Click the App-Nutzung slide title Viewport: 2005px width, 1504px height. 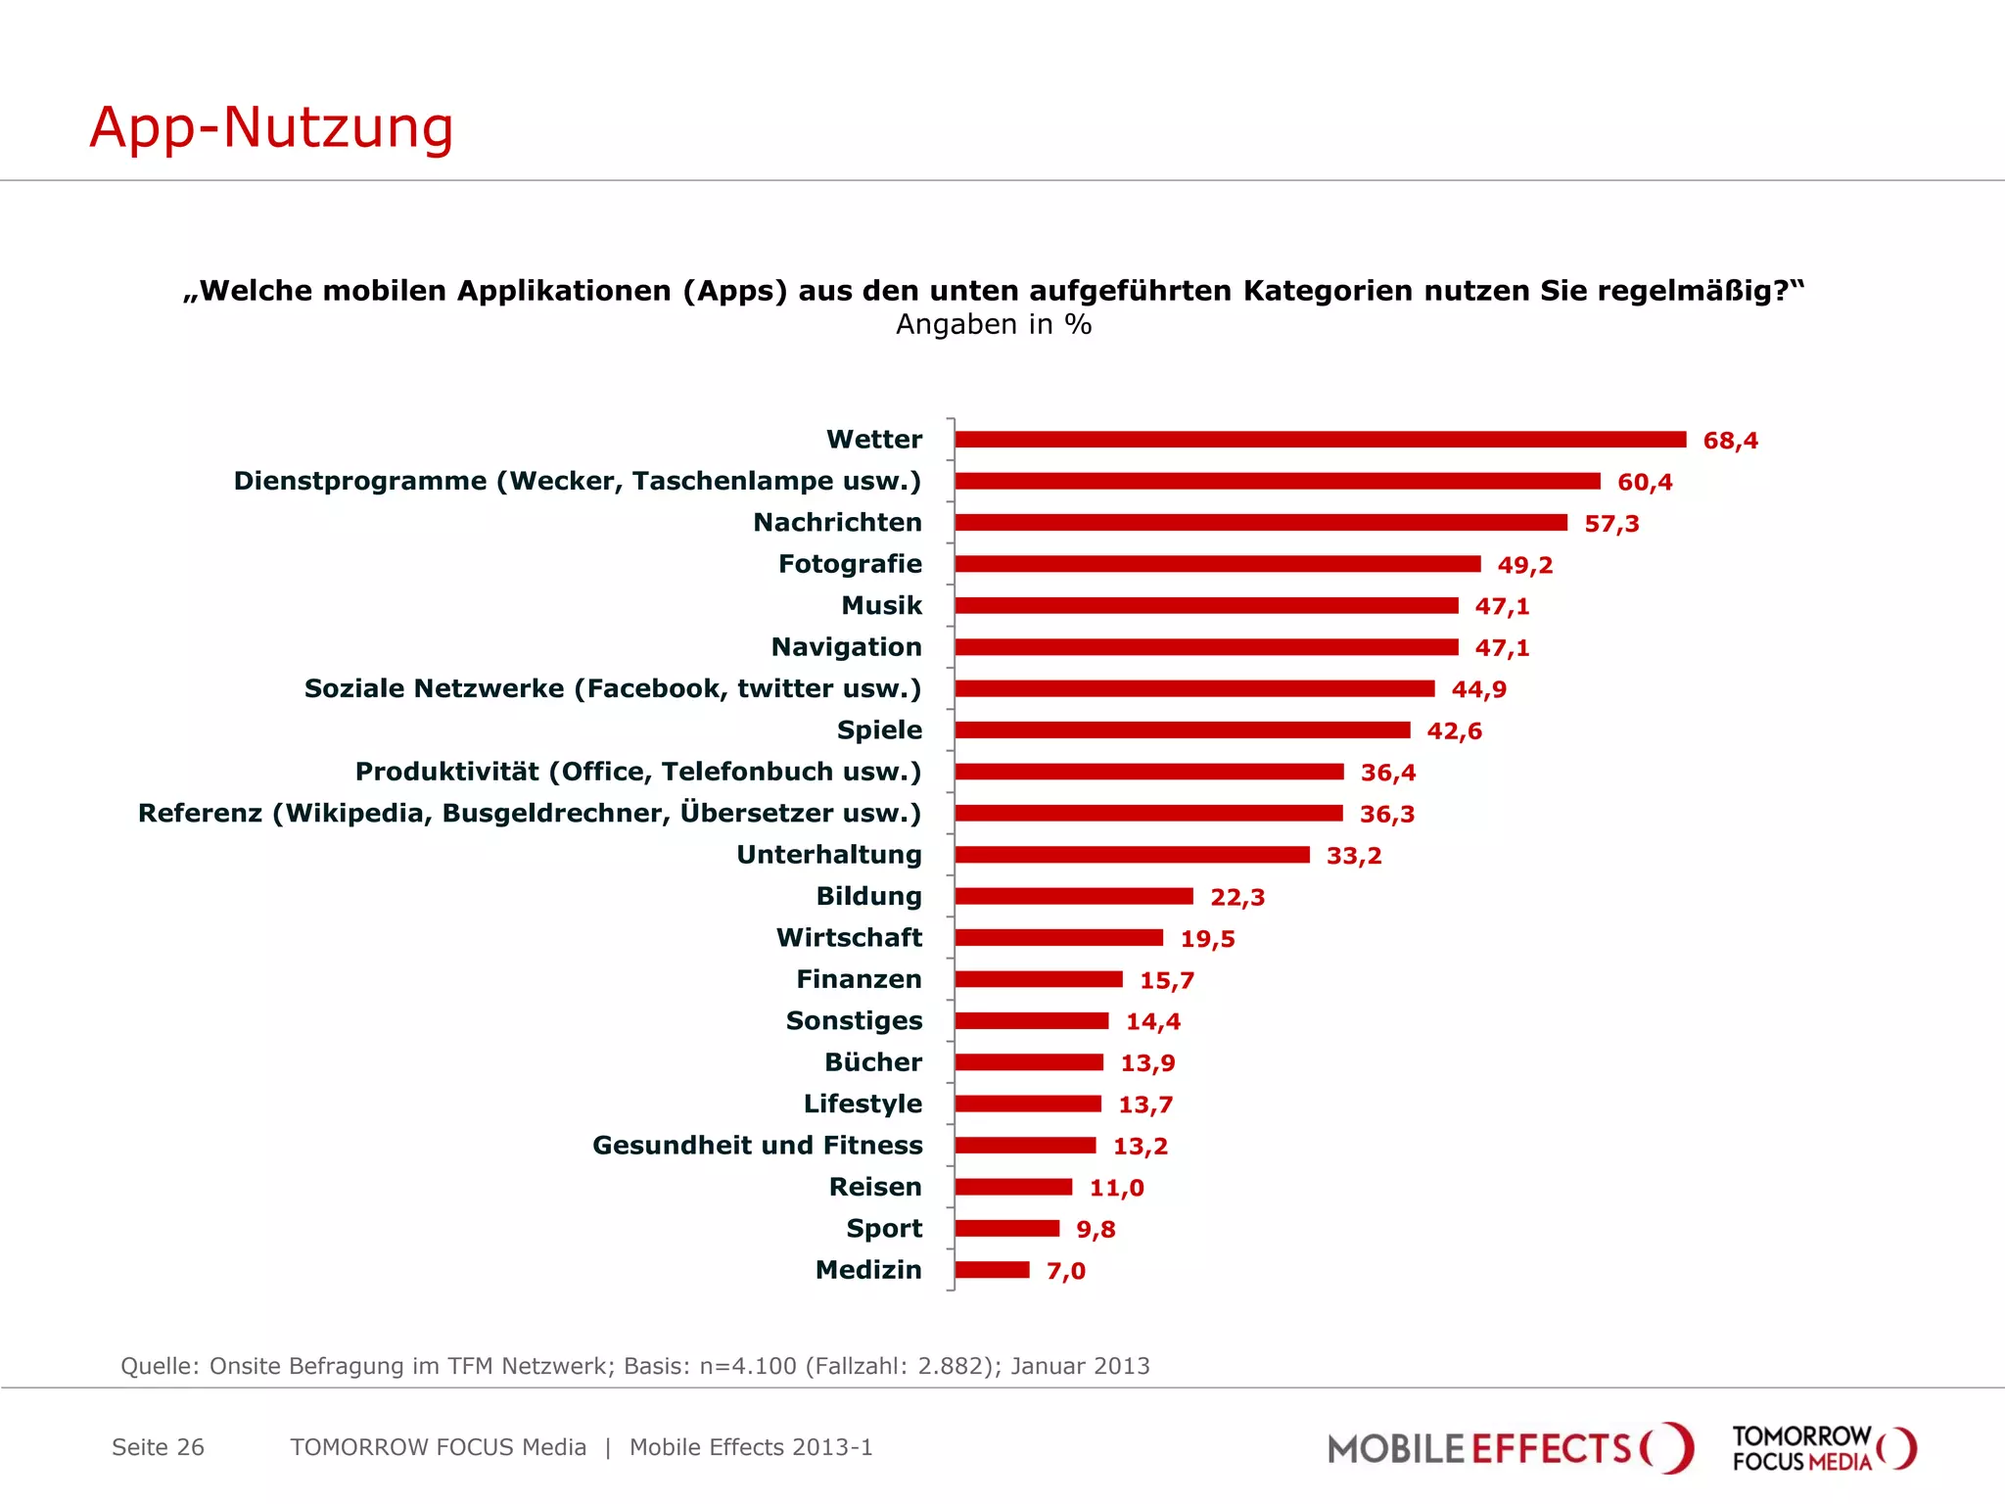click(x=271, y=128)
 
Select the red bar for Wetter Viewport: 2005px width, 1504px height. click(x=1320, y=440)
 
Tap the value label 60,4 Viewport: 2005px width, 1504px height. click(x=1645, y=482)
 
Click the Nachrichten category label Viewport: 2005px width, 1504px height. click(x=837, y=523)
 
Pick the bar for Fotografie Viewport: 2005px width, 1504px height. click(x=1217, y=564)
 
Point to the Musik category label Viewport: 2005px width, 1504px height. click(x=881, y=606)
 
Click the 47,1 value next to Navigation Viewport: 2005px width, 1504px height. click(x=1502, y=648)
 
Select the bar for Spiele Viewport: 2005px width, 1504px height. click(x=1182, y=730)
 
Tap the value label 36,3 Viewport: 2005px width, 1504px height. click(x=1386, y=814)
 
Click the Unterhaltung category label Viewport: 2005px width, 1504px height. click(x=828, y=855)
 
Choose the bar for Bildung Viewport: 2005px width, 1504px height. click(x=1073, y=896)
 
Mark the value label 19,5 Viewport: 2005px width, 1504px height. click(x=1207, y=939)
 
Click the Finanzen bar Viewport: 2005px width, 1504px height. click(x=1038, y=979)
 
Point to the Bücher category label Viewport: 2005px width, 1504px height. click(x=872, y=1062)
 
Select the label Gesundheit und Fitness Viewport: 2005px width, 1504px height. click(x=757, y=1146)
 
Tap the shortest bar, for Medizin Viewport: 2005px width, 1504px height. click(x=992, y=1270)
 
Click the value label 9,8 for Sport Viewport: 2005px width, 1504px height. click(x=1096, y=1229)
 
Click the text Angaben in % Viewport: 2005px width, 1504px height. click(x=993, y=324)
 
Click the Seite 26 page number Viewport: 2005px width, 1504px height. click(x=158, y=1447)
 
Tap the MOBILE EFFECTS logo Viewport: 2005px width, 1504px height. click(x=1509, y=1448)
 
